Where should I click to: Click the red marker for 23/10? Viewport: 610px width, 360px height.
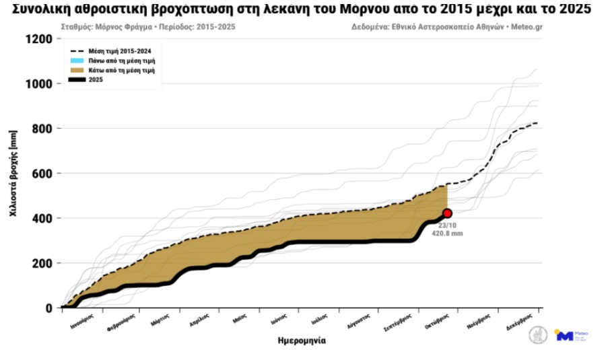point(447,213)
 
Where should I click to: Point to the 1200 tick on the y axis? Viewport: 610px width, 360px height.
point(39,39)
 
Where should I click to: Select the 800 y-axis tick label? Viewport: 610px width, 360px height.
point(42,129)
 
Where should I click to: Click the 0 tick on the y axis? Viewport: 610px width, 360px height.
point(49,308)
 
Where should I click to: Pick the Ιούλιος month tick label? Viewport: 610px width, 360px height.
point(319,320)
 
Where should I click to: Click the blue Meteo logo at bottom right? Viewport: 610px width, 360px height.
point(564,335)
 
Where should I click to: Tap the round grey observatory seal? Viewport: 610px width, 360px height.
point(537,334)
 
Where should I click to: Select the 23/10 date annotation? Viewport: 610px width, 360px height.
point(448,225)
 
